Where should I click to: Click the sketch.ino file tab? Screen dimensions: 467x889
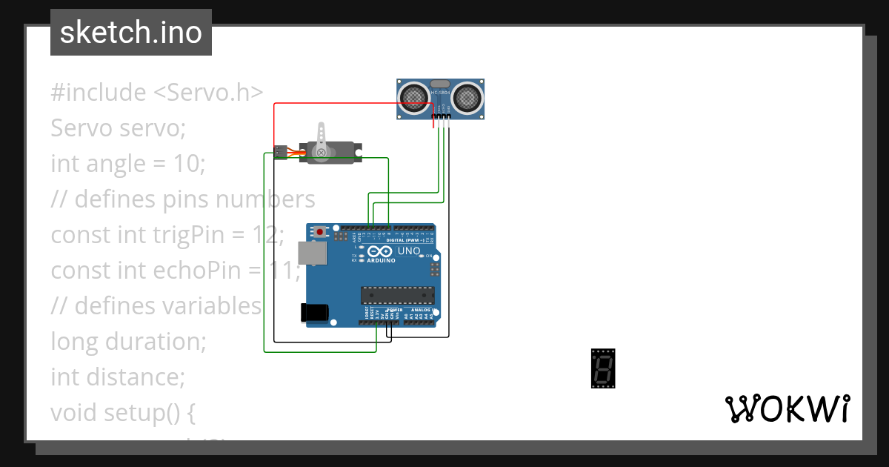(x=130, y=33)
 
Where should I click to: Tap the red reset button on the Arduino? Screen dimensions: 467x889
(x=320, y=232)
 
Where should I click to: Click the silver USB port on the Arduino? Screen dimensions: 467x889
(x=310, y=254)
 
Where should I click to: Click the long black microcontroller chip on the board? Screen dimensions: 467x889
(x=396, y=295)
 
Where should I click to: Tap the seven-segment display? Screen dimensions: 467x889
(x=602, y=368)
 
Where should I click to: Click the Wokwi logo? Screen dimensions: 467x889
(x=787, y=408)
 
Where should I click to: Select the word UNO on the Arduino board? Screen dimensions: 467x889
(x=409, y=251)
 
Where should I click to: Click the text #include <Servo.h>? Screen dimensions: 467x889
(x=157, y=93)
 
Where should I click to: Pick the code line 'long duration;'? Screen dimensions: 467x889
(x=127, y=342)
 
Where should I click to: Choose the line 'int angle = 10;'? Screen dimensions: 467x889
(x=127, y=163)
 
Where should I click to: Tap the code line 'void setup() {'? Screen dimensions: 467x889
(x=123, y=412)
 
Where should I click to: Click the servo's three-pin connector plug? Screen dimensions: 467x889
(x=280, y=151)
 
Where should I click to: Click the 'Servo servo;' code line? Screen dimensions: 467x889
(x=118, y=128)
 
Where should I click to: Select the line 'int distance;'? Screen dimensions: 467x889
(x=117, y=377)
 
